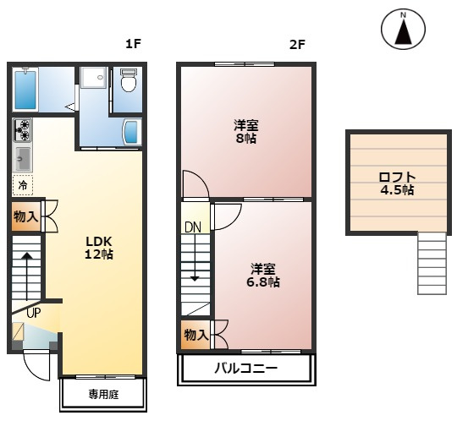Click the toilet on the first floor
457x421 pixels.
point(129,79)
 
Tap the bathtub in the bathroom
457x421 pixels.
point(25,89)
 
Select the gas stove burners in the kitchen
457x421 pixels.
point(23,130)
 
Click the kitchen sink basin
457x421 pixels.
point(23,159)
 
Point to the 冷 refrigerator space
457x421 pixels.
point(23,185)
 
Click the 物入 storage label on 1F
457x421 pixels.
point(26,216)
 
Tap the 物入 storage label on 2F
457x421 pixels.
point(196,335)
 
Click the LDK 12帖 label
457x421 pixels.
point(99,248)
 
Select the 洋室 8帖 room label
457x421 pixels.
point(246,132)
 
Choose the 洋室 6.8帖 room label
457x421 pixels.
point(263,275)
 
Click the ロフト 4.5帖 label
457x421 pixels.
point(397,183)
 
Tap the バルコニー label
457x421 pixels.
point(246,369)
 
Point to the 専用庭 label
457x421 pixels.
point(104,395)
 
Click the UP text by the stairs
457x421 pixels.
point(34,313)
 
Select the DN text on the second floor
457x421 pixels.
point(193,227)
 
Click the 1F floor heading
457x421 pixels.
point(133,44)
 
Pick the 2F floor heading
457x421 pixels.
point(297,45)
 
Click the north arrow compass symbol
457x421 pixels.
point(403,29)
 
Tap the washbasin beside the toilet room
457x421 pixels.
point(132,132)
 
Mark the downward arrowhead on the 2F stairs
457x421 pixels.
point(195,279)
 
